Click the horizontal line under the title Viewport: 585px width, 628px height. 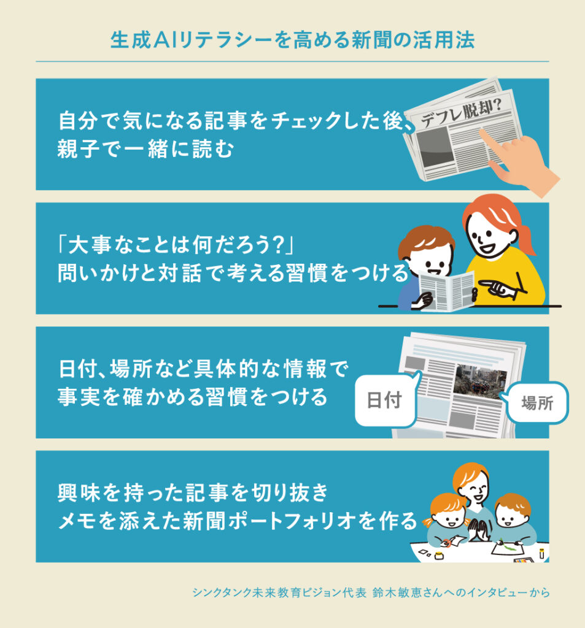292,61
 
